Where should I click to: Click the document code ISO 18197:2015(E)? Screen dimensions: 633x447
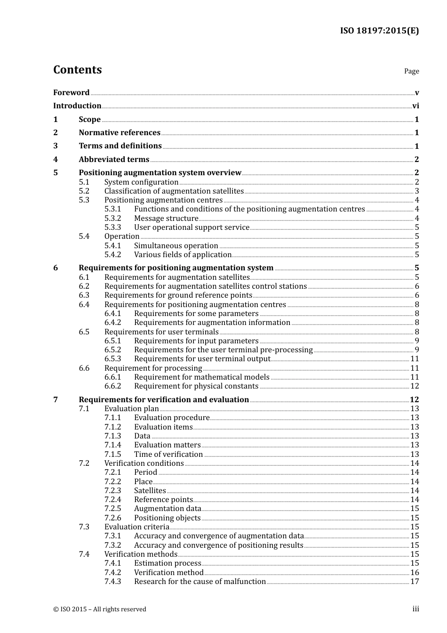tap(379, 31)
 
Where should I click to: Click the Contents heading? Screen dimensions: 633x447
tap(77, 70)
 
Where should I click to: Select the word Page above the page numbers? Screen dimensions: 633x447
tap(411, 71)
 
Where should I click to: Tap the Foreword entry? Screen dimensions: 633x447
tap(71, 93)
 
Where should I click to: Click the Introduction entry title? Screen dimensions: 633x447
tap(77, 106)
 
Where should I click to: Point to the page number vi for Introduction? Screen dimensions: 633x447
tap(415, 106)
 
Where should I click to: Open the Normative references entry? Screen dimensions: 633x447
tap(120, 133)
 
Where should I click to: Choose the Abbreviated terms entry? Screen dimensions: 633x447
tap(114, 160)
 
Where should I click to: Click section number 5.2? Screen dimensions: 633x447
tap(84, 191)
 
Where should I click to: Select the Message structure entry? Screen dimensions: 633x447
tap(166, 219)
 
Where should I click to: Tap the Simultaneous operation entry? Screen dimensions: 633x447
tap(176, 246)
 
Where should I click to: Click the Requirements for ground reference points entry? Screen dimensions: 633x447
tap(178, 295)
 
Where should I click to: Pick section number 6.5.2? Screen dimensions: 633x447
tap(112, 350)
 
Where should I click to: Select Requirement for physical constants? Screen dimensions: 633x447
tap(196, 386)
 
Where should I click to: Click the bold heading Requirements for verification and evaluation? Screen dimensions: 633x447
tap(164, 400)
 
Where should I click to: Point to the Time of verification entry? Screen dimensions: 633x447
tap(168, 454)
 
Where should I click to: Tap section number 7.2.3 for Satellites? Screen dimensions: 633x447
tap(112, 491)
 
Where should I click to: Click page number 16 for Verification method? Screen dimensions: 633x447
tap(415, 573)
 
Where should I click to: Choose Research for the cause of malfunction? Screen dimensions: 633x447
tap(200, 582)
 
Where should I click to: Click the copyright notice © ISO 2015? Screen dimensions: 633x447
tap(100, 609)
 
